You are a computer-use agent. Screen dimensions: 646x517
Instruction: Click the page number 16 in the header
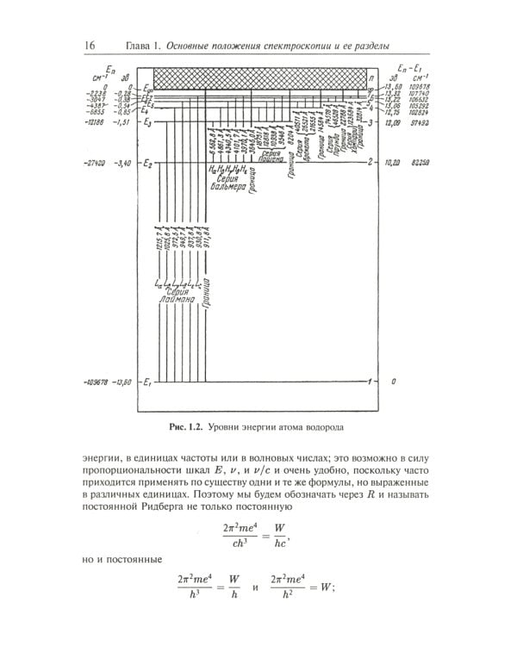click(90, 46)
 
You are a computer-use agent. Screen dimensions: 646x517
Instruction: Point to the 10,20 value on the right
click(396, 161)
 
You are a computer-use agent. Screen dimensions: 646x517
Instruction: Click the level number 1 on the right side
click(370, 381)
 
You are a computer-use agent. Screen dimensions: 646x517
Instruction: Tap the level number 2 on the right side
click(370, 161)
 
